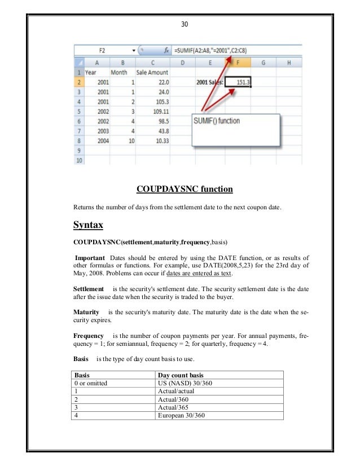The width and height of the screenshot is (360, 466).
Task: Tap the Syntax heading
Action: [x=89, y=225]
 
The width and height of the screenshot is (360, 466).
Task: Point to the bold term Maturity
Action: [x=86, y=312]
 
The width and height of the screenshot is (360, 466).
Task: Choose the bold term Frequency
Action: [x=89, y=336]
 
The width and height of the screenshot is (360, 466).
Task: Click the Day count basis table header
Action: [x=181, y=375]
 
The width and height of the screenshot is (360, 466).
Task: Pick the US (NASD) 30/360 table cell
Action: [x=186, y=383]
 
